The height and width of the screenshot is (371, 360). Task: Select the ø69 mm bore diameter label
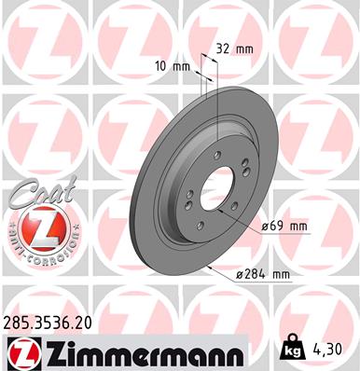(284, 226)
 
